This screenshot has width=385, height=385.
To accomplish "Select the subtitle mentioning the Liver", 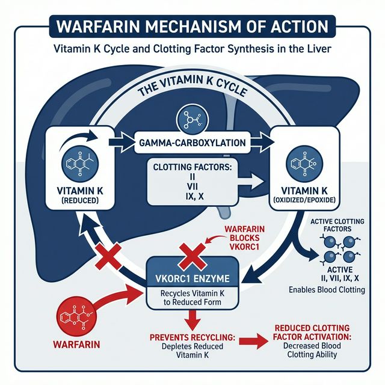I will click(x=192, y=51).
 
